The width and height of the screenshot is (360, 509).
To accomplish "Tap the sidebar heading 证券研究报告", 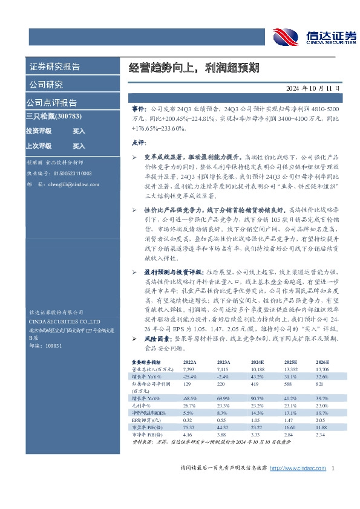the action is click(54, 67).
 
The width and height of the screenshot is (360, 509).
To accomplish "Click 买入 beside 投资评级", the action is click(79, 131).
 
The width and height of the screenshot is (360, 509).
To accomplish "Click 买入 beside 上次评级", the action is click(79, 146).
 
